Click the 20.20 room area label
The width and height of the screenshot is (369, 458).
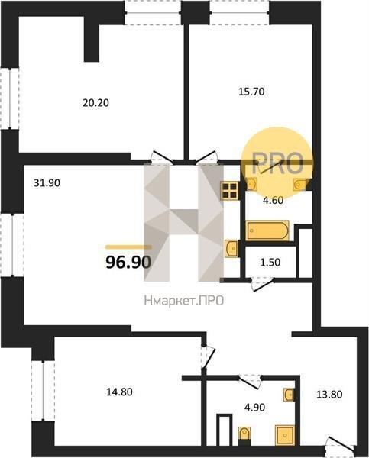(96, 103)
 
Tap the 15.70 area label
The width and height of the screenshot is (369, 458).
(252, 92)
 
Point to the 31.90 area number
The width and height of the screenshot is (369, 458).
(47, 183)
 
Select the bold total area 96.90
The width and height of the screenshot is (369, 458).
(128, 263)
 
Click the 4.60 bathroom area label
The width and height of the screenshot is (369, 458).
(273, 200)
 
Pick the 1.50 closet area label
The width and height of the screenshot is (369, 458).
(270, 263)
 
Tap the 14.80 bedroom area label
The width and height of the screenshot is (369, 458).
(119, 392)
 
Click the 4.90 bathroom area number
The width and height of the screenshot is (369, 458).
(254, 407)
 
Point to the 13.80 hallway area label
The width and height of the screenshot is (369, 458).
(329, 395)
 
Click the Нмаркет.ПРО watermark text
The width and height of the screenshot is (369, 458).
(184, 301)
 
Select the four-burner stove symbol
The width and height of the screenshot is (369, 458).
(229, 191)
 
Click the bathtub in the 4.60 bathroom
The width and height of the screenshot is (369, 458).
(267, 231)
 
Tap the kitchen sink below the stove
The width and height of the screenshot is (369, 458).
(232, 248)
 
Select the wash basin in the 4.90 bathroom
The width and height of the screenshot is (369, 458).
(289, 395)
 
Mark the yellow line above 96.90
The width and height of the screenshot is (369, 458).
(128, 247)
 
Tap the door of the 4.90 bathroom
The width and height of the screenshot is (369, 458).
(249, 381)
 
